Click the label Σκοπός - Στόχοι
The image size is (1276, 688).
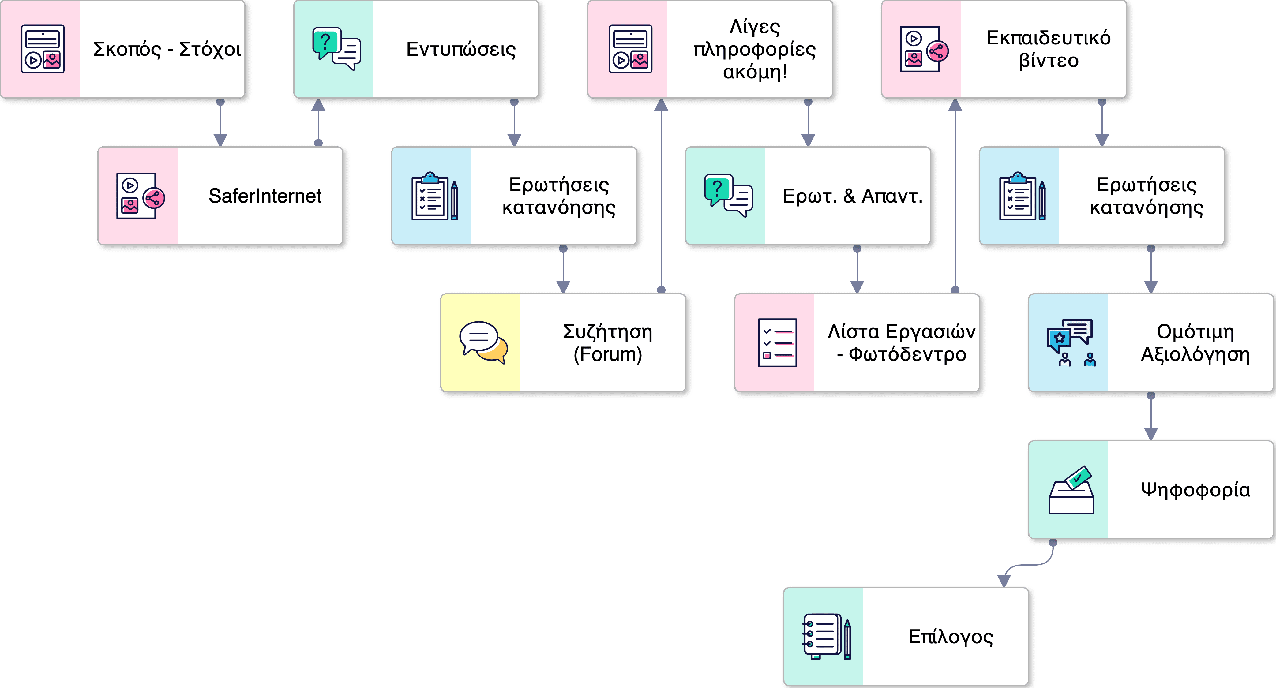point(167,50)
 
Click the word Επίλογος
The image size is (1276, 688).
point(950,637)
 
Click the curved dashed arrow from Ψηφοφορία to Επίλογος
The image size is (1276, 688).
point(1030,565)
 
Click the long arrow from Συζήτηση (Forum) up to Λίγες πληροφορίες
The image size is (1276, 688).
point(661,198)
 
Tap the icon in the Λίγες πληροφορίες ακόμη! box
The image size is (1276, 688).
point(630,49)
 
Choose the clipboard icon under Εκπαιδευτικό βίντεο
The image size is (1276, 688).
point(1022,196)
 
